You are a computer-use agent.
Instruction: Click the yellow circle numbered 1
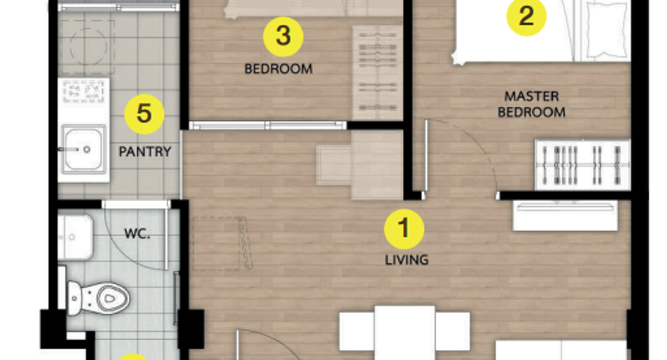click(403, 229)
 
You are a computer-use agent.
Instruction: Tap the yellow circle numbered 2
click(526, 16)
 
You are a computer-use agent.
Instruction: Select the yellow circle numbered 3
click(283, 36)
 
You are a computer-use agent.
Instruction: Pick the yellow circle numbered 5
click(144, 114)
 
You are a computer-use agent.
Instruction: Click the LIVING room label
click(407, 260)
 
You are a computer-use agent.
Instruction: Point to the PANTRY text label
click(145, 152)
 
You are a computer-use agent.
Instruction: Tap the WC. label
click(137, 233)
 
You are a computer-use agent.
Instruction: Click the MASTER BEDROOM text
click(532, 104)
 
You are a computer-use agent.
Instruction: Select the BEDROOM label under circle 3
click(278, 68)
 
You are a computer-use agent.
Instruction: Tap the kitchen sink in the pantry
click(83, 149)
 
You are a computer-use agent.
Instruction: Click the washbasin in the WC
click(75, 237)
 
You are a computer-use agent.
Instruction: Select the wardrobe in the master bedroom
click(582, 165)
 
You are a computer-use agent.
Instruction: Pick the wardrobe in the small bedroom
click(377, 72)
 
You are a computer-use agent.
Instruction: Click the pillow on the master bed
click(606, 30)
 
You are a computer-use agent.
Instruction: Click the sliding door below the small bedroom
click(268, 125)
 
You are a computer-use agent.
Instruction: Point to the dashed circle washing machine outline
click(88, 46)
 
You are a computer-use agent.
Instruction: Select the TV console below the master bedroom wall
click(565, 216)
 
